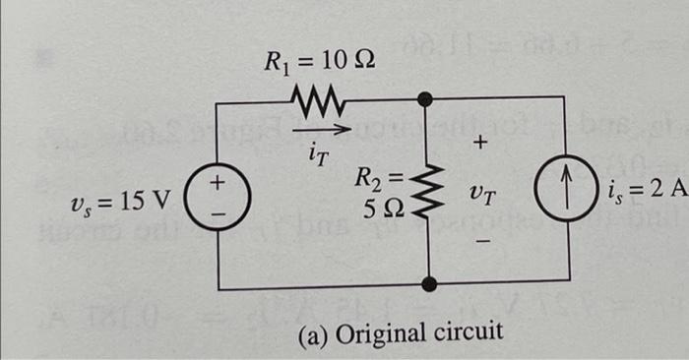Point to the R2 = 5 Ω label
[379, 193]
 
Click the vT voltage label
[482, 197]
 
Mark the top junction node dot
[427, 98]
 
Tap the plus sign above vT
[480, 144]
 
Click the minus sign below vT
[481, 239]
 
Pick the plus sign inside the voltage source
[220, 184]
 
